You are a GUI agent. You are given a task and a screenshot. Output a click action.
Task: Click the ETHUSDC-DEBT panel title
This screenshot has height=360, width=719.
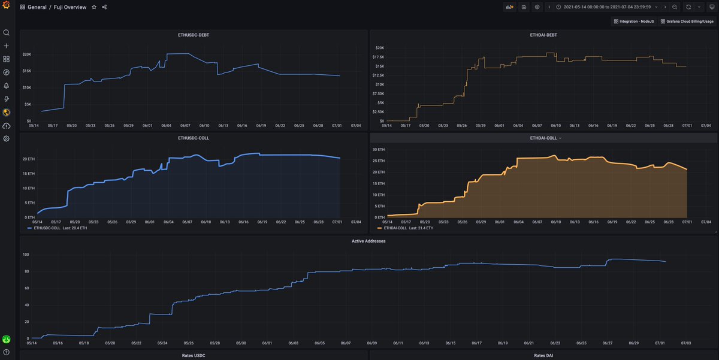(x=194, y=35)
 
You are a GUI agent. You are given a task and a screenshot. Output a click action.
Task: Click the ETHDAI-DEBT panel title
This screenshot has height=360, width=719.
(x=543, y=35)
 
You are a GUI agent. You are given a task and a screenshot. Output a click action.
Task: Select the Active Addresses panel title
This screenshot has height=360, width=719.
(x=368, y=241)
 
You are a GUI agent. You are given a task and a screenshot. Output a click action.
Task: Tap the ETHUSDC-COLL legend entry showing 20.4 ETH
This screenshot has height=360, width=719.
(x=58, y=228)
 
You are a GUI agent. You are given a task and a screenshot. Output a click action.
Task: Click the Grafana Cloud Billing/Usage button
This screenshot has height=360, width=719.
(x=687, y=21)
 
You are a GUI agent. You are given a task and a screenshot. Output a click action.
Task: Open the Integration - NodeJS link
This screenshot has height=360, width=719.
(x=633, y=21)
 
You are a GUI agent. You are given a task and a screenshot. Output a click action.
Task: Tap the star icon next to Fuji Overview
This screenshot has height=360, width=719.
(x=93, y=7)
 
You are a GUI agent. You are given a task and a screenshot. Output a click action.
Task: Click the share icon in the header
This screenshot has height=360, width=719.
(x=104, y=7)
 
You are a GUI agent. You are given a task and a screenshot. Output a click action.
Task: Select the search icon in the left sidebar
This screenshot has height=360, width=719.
(x=7, y=33)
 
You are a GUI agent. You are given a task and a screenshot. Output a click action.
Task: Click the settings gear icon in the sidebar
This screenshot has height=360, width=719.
(x=7, y=138)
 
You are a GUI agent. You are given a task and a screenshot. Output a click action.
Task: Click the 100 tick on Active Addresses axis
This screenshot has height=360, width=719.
(x=26, y=255)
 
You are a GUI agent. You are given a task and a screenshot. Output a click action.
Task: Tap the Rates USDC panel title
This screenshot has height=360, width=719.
(x=194, y=355)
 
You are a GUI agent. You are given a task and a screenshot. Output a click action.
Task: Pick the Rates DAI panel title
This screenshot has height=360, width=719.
(x=543, y=355)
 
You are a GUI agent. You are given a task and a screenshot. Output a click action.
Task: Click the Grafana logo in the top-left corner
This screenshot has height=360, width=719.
(x=7, y=7)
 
